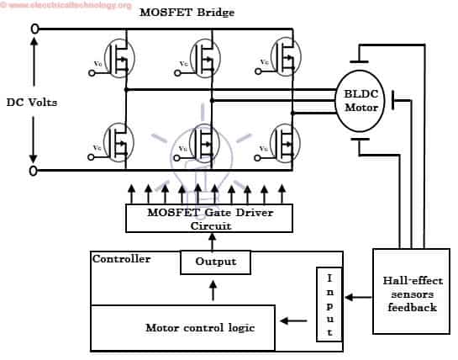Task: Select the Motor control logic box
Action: point(182,327)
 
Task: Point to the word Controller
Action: point(122,259)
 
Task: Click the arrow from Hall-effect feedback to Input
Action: point(359,296)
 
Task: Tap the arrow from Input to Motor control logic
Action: point(293,320)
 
